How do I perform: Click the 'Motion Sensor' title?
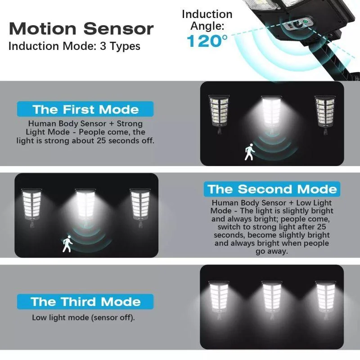[x=81, y=29]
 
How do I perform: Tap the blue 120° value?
[x=207, y=41]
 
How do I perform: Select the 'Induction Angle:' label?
[x=207, y=20]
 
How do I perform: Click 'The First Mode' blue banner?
[x=85, y=109]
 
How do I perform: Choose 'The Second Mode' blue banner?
[x=272, y=189]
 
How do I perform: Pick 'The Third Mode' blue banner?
[x=85, y=301]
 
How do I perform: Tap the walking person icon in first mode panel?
[x=249, y=152]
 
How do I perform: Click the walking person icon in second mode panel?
[x=67, y=243]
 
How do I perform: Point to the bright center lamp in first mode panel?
[x=271, y=115]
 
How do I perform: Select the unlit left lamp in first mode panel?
[x=219, y=114]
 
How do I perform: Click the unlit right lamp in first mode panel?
[x=325, y=115]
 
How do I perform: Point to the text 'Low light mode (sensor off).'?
[x=83, y=318]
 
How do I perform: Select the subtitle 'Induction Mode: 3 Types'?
[x=74, y=46]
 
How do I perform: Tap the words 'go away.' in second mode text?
[x=272, y=251]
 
